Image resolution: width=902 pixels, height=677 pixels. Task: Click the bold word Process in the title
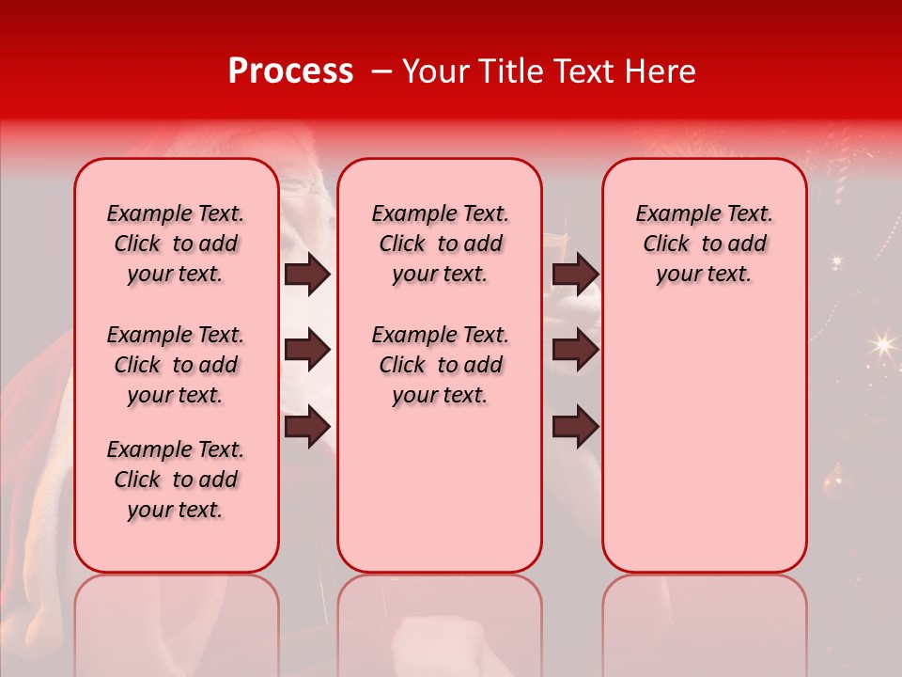(290, 71)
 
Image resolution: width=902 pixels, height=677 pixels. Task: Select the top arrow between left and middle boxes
(307, 274)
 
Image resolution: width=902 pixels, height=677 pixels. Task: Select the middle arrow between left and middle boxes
(307, 350)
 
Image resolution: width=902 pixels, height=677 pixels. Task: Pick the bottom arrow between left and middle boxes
(307, 426)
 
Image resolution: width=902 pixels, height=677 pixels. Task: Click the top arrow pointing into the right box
(575, 274)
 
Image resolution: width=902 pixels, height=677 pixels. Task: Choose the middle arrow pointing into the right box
(575, 350)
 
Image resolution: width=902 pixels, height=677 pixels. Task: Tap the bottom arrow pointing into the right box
(575, 426)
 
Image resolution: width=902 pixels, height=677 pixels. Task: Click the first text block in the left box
(176, 244)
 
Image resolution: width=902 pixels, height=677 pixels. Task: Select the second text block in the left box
(176, 365)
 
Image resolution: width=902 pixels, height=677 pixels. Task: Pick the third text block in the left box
(176, 480)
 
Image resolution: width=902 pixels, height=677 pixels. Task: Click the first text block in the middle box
(440, 244)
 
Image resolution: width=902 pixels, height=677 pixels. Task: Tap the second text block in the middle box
(440, 365)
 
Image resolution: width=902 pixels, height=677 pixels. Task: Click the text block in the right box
(704, 244)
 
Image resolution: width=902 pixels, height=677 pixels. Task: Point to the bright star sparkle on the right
(881, 344)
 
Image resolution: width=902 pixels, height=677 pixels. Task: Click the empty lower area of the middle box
(440, 489)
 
